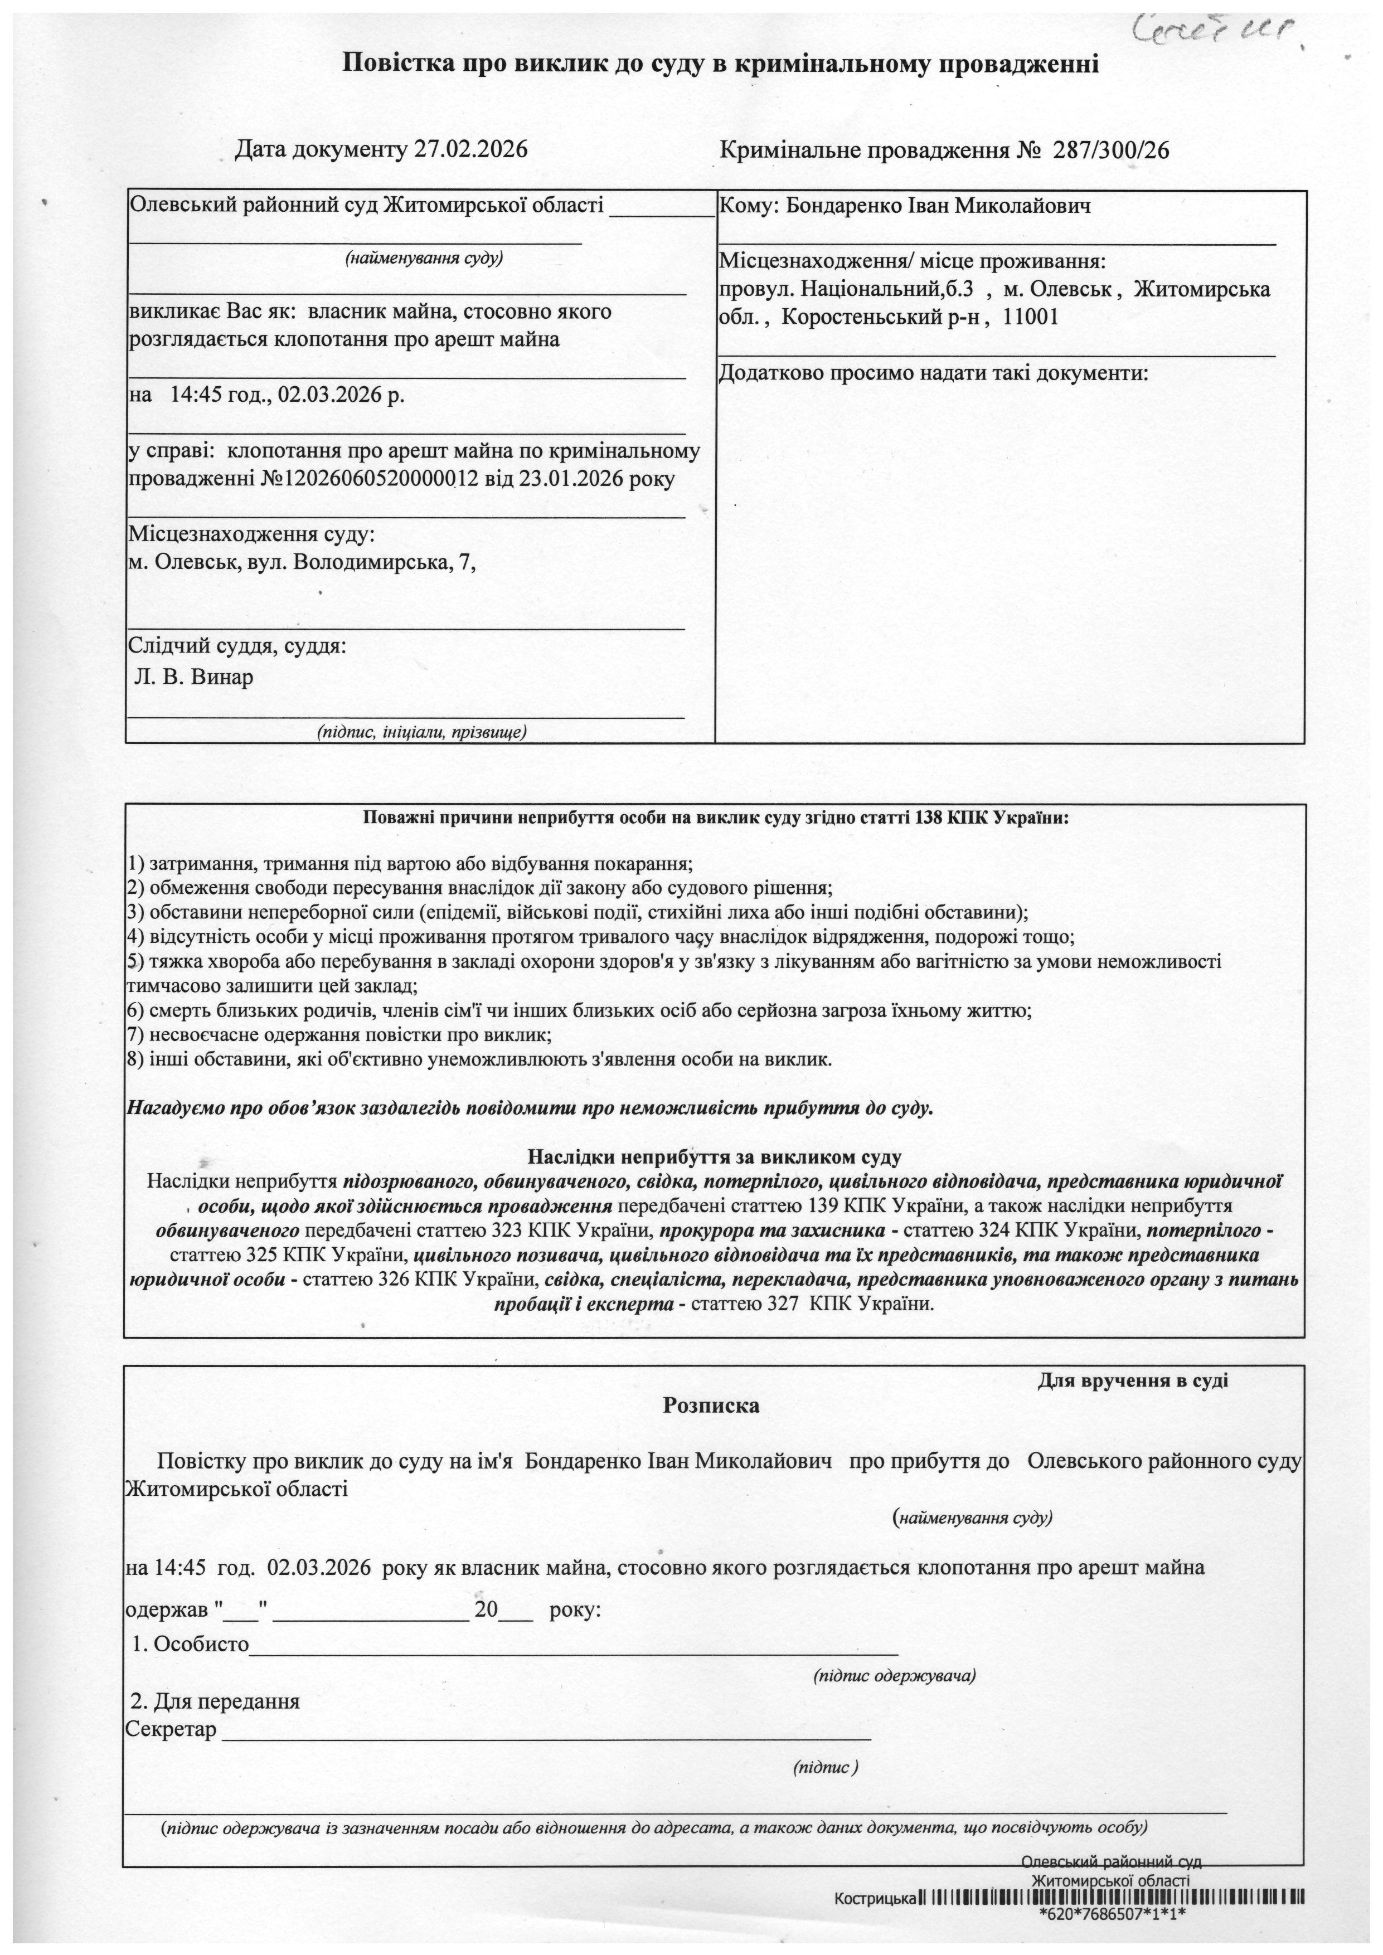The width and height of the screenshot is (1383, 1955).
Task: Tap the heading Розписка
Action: [x=711, y=1405]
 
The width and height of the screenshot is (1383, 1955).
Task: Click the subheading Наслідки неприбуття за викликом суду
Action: [x=714, y=1157]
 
